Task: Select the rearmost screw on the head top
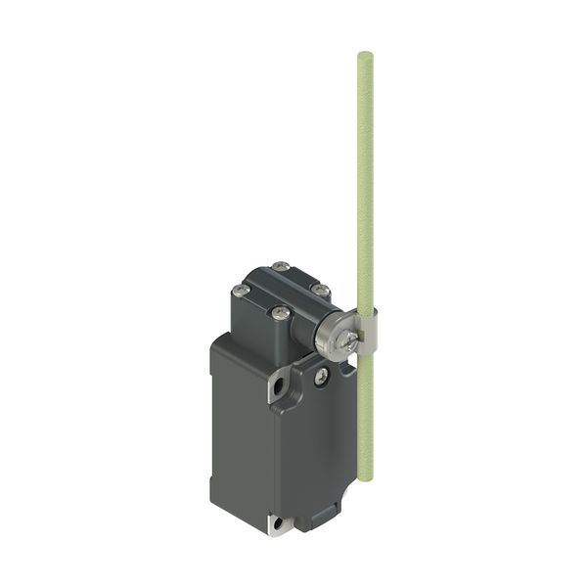tap(281, 266)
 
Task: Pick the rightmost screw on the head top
tap(319, 289)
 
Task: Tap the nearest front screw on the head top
tap(281, 313)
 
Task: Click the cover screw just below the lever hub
tap(322, 374)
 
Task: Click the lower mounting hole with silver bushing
tap(279, 525)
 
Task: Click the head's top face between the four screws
tap(280, 290)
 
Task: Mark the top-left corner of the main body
tap(216, 342)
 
